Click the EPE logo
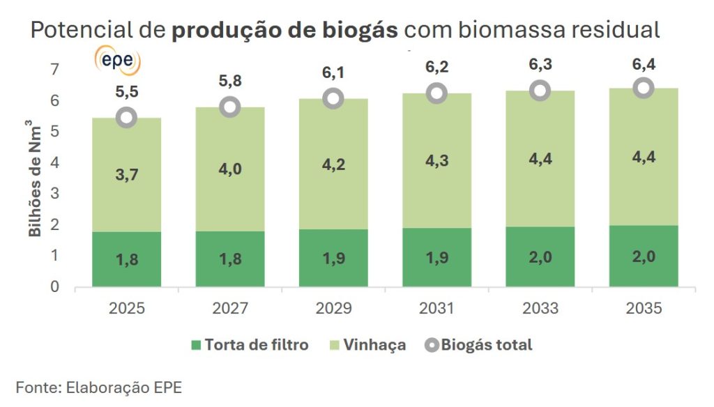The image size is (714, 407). pyautogui.click(x=117, y=61)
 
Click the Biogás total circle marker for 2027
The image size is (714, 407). pyautogui.click(x=229, y=107)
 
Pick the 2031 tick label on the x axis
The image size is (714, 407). pyautogui.click(x=436, y=307)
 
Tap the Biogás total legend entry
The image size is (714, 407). pyautogui.click(x=478, y=345)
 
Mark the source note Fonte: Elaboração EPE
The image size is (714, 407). pyautogui.click(x=99, y=387)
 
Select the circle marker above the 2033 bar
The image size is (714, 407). pyautogui.click(x=540, y=91)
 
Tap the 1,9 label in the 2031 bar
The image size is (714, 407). pyautogui.click(x=436, y=257)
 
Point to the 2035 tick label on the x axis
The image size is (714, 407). pyautogui.click(x=644, y=307)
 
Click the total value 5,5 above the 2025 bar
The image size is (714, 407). pyautogui.click(x=126, y=91)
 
